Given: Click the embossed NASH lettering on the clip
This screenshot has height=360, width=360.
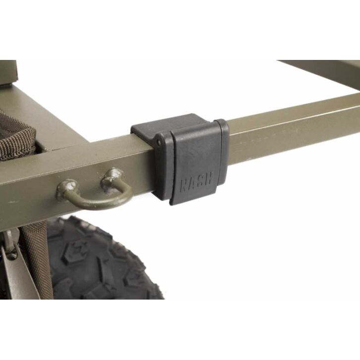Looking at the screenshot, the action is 197,182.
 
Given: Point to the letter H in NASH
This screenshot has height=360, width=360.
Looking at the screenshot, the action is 209,178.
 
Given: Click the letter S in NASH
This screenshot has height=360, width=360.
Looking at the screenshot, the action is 201,181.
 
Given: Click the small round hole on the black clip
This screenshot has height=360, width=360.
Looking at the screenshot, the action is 159,143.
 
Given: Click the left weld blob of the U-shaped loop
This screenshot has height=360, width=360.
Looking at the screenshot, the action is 67,187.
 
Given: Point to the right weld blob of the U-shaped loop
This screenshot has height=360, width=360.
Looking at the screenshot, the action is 113,177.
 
